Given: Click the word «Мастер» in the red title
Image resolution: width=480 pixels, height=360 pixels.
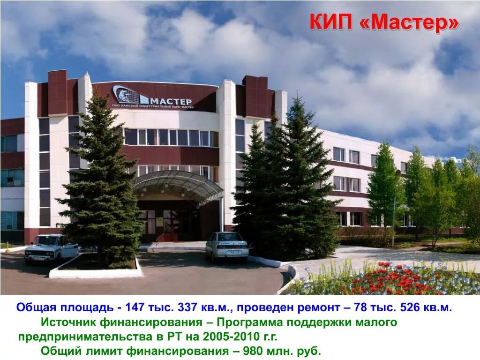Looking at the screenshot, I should tap(410, 23).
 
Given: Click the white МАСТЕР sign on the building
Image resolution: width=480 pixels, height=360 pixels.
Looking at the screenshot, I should tap(172, 101).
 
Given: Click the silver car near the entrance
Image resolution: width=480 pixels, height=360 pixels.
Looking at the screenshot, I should tap(227, 246).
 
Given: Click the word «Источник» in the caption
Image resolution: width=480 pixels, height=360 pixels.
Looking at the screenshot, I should tap(67, 322).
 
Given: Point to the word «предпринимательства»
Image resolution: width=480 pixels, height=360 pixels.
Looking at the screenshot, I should tap(84, 337).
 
